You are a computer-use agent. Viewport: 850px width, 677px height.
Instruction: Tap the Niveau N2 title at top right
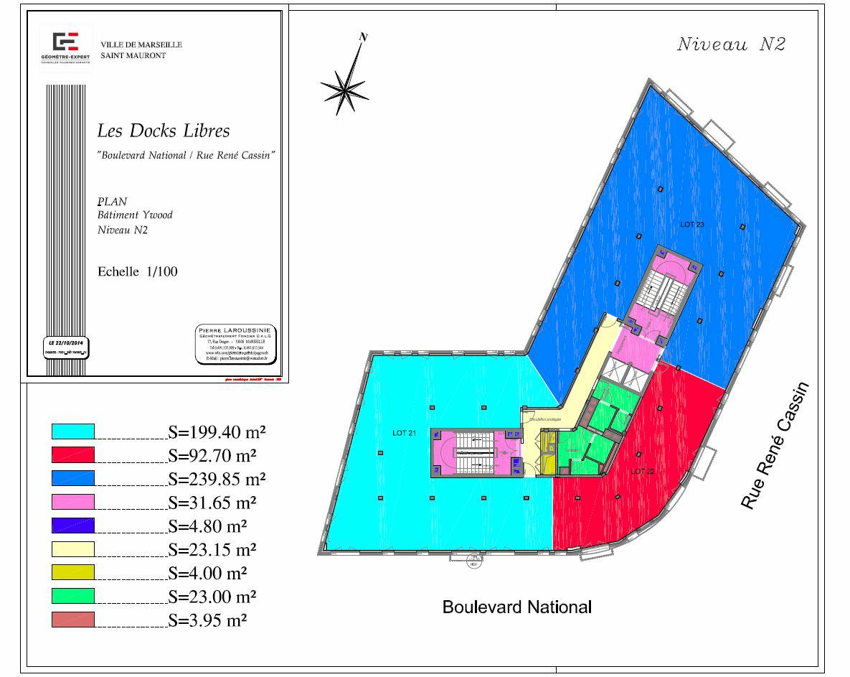pyautogui.click(x=731, y=45)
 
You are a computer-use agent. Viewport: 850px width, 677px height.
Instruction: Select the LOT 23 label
pyautogui.click(x=691, y=225)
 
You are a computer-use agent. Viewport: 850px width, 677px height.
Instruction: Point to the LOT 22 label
pyautogui.click(x=643, y=471)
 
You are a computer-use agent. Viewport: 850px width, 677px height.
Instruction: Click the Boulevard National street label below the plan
pyautogui.click(x=516, y=607)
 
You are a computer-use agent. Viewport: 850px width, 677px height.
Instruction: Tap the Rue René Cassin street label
pyautogui.click(x=775, y=446)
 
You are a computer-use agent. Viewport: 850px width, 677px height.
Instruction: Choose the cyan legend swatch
pyautogui.click(x=73, y=431)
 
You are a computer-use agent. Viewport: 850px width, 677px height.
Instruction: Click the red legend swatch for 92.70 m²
pyautogui.click(x=73, y=455)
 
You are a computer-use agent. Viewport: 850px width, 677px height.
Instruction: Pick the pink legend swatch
pyautogui.click(x=73, y=502)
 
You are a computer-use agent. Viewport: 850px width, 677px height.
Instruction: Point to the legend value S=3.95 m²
pyautogui.click(x=208, y=620)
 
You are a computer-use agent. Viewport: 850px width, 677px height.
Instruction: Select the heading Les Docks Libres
pyautogui.click(x=164, y=131)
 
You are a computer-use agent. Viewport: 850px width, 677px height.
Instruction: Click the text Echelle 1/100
pyautogui.click(x=137, y=271)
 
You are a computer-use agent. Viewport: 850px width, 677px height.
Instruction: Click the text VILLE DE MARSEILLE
pyautogui.click(x=141, y=45)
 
